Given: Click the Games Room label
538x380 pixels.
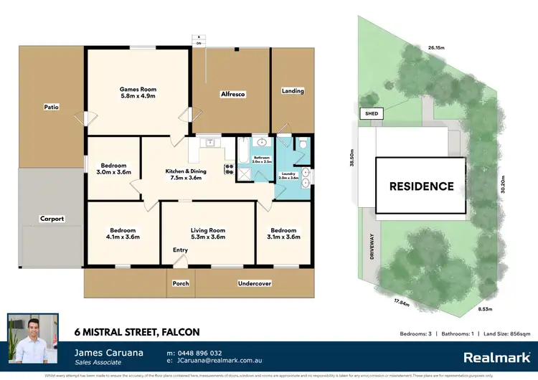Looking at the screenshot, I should (138, 92).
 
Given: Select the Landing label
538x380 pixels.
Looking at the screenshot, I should (293, 91).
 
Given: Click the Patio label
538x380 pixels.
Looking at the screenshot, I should (50, 107).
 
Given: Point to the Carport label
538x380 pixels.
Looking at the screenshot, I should (52, 219).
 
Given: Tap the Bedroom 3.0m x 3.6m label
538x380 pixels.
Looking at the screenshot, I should (113, 168).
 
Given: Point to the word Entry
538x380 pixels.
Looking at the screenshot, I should (181, 250).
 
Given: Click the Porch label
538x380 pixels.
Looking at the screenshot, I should (181, 283).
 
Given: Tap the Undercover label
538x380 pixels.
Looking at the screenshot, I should (254, 283).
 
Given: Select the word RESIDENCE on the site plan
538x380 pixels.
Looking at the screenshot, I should (421, 186).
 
